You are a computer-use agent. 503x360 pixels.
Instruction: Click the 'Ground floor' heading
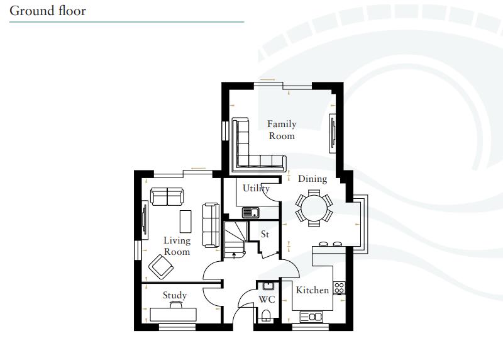coord(48,11)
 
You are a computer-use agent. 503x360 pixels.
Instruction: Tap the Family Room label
coord(281,130)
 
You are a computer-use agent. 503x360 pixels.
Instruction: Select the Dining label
coord(312,179)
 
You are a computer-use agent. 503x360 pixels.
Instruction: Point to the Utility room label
coord(256,188)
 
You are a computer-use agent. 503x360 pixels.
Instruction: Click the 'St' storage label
coord(265,234)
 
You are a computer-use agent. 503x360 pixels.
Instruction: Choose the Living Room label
coord(177,246)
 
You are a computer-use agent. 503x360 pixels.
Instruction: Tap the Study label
coord(175,295)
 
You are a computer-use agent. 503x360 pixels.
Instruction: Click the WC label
coord(267,300)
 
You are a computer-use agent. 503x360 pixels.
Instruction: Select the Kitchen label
coord(312,290)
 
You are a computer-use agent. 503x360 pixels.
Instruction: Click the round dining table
coord(314,207)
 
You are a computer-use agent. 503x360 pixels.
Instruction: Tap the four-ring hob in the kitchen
coord(339,288)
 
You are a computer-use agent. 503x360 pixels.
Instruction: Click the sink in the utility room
coord(251,212)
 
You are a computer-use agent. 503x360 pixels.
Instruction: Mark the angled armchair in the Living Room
coord(161,267)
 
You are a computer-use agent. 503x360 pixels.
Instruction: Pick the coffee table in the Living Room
coord(185,221)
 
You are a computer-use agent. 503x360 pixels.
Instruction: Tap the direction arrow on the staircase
coord(234,255)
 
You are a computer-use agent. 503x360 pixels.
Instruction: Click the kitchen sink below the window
coord(312,316)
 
